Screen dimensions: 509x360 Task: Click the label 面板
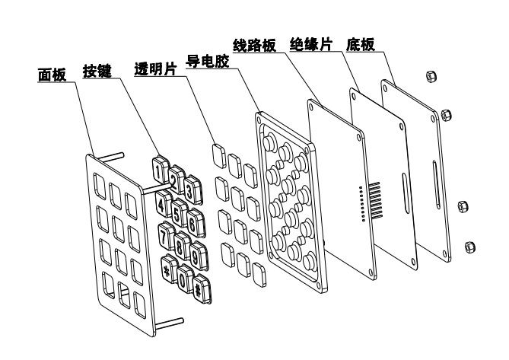pos(52,75)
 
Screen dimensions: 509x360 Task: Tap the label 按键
pos(97,71)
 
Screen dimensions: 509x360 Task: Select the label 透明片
pos(156,68)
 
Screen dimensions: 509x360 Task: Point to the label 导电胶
pos(207,62)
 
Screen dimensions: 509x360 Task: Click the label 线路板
pos(254,45)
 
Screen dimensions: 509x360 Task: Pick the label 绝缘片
pos(311,44)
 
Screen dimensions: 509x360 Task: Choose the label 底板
pos(361,44)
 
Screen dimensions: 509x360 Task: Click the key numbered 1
pos(160,170)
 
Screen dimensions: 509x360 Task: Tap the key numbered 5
pos(178,212)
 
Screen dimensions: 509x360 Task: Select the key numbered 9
pos(199,255)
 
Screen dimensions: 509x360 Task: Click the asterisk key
pos(168,269)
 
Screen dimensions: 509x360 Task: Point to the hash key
pos(202,289)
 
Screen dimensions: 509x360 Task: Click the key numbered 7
pos(166,236)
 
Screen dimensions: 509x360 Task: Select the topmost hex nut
pos(431,76)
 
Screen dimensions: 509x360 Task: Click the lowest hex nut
pos(469,247)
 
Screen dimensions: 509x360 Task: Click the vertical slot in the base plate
pos(436,184)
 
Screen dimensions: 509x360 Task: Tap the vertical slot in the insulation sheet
pos(406,193)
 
